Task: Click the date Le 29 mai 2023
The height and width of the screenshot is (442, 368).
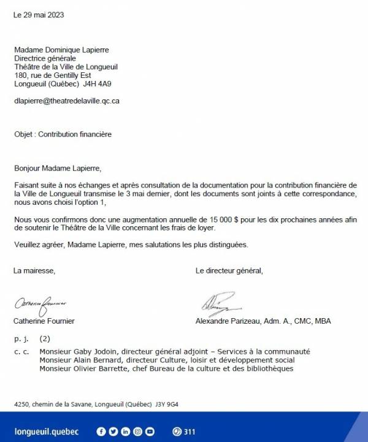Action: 38,15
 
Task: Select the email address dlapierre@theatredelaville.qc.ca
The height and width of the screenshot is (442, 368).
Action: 66,101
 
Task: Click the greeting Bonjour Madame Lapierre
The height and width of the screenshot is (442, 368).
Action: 55,167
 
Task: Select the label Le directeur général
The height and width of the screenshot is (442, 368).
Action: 229,270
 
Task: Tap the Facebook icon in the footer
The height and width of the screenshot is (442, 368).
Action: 101,432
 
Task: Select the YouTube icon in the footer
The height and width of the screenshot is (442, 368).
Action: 150,432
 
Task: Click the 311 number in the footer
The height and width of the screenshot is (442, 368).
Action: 189,432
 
